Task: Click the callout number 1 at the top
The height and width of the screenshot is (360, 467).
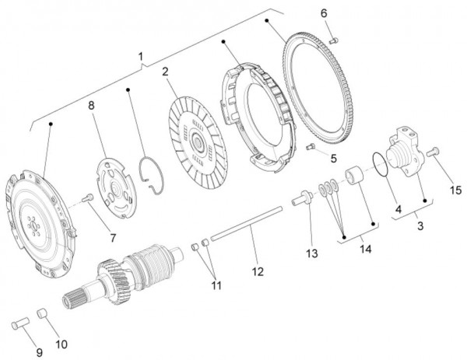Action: click(x=141, y=57)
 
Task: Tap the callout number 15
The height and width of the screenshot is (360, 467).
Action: click(x=455, y=190)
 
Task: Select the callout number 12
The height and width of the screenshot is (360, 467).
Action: click(x=258, y=271)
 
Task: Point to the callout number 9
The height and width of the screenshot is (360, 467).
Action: click(x=40, y=353)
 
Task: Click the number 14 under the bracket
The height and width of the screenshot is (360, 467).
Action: click(x=366, y=249)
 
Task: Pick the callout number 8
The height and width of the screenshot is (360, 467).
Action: click(x=91, y=105)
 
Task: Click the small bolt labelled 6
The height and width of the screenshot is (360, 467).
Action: click(x=334, y=40)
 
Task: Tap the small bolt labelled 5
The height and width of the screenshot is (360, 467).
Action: click(x=311, y=146)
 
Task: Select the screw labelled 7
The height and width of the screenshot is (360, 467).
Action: click(x=87, y=197)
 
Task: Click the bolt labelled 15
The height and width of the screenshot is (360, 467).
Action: click(x=433, y=152)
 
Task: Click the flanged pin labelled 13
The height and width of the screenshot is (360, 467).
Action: click(x=302, y=198)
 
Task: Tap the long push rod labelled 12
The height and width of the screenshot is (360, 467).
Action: click(x=246, y=223)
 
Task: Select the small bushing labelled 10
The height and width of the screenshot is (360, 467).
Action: click(x=42, y=313)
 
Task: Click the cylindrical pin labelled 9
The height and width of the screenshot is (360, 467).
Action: click(x=20, y=323)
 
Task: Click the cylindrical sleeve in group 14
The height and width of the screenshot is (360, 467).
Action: click(x=354, y=177)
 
